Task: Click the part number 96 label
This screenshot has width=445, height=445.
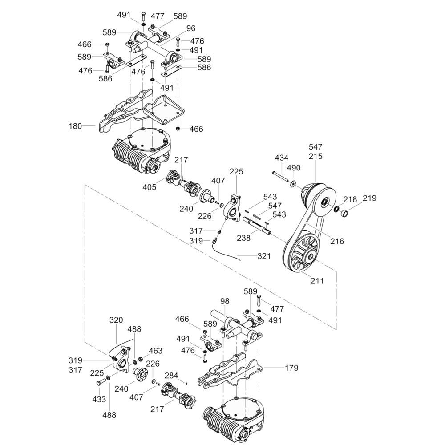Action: (x=191, y=28)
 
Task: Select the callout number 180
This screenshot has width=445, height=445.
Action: (x=76, y=126)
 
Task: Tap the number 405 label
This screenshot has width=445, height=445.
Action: (x=150, y=187)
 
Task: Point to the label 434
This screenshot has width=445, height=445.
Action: (x=282, y=158)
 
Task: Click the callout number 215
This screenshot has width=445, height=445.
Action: (x=316, y=157)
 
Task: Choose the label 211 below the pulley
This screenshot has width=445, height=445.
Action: (x=317, y=281)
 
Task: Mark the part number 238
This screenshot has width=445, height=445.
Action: (x=244, y=238)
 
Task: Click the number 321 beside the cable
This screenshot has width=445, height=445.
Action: (x=264, y=256)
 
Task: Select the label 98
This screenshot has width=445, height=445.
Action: (x=224, y=302)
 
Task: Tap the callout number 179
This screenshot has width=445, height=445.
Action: (x=291, y=368)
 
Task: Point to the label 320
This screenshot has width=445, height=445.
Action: (x=116, y=320)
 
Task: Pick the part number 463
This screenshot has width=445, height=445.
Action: (x=156, y=351)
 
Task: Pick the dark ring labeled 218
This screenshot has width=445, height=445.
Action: (x=337, y=210)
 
